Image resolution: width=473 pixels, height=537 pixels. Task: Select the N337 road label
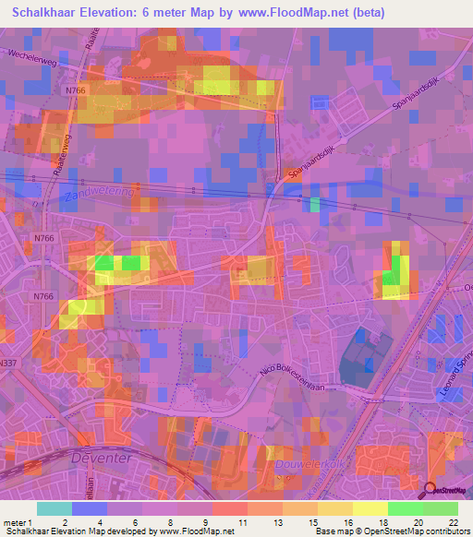coord(9,339)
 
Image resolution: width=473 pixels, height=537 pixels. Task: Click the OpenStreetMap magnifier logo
coord(432,491)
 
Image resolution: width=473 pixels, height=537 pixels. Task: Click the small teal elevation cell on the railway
coord(315,205)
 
